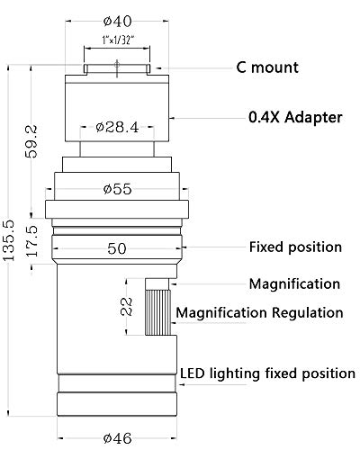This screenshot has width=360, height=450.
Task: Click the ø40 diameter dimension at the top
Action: pos(117,21)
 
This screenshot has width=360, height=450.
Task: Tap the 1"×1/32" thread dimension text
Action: pos(117,40)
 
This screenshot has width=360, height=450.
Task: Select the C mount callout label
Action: pos(267,67)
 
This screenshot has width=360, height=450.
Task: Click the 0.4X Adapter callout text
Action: pos(295,117)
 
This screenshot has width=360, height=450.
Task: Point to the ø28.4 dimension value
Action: pos(117,127)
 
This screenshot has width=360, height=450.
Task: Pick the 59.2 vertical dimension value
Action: pos(31,141)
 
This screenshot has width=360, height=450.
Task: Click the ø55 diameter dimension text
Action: pos(117,189)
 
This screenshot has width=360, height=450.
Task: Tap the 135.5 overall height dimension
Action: pos(8,240)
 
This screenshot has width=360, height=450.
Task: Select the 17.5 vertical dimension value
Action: pos(31,241)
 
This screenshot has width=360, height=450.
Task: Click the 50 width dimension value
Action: pos(117,248)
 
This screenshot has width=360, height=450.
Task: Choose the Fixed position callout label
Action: pos(295,247)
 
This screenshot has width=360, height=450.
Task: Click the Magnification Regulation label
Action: pos(259,312)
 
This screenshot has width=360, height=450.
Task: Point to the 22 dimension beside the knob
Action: pos(127,306)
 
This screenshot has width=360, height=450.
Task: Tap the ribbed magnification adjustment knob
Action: pos(158,312)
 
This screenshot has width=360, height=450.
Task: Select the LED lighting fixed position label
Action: pos(267,373)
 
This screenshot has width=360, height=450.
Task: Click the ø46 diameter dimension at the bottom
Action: pos(117,438)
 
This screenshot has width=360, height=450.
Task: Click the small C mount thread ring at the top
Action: pos(117,69)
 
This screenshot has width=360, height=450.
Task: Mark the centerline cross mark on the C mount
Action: pos(117,64)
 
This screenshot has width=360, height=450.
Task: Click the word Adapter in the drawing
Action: pos(313,117)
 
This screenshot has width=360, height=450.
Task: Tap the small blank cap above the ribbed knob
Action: pos(157,283)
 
